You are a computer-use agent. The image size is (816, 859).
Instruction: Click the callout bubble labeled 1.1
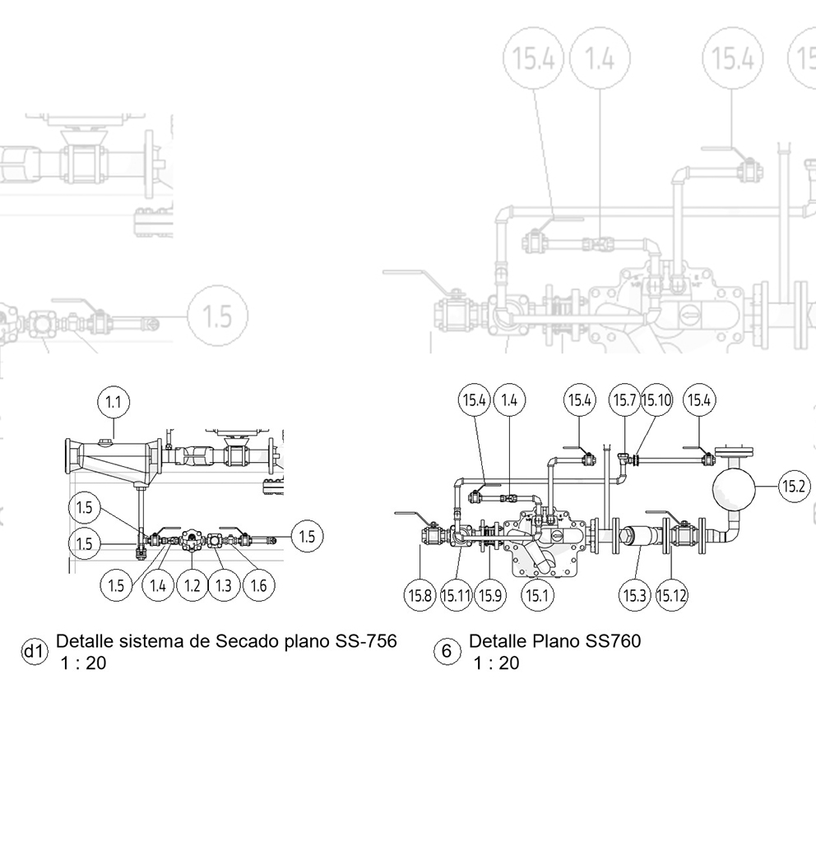click(x=114, y=402)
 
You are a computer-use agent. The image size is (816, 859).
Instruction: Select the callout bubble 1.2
click(x=192, y=585)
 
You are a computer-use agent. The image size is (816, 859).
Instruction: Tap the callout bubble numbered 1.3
click(x=224, y=585)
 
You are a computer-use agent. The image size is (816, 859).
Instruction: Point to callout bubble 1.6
click(x=258, y=585)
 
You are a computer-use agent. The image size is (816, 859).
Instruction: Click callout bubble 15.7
click(x=624, y=400)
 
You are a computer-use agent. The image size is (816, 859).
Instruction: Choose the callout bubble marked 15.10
click(x=656, y=400)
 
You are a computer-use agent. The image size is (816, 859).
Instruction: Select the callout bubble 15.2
click(x=794, y=487)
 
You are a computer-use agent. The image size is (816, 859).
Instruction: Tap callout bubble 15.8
click(x=420, y=595)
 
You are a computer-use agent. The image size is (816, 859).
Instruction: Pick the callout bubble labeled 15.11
click(x=455, y=595)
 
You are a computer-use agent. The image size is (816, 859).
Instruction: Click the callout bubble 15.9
click(x=490, y=595)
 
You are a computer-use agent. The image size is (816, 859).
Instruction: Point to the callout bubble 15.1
click(x=536, y=595)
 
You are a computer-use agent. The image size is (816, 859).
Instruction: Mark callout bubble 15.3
click(x=635, y=595)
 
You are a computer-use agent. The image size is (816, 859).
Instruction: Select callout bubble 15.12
click(x=672, y=595)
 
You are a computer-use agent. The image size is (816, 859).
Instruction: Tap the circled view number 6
click(x=447, y=652)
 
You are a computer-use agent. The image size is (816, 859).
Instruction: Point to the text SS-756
click(x=366, y=641)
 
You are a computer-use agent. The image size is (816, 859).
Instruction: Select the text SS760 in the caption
click(x=613, y=641)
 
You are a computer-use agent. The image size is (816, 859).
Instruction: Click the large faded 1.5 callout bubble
click(x=216, y=316)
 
